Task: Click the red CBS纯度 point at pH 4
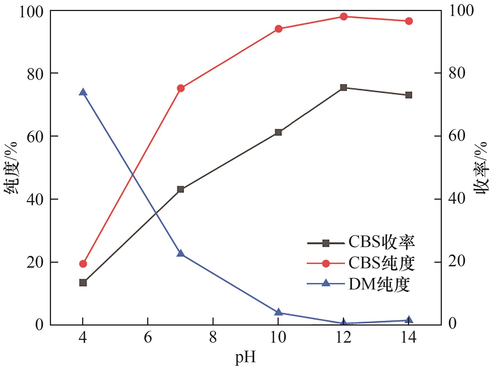coord(83,264)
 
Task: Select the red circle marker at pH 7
coord(181,88)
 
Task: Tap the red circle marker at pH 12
coord(343,17)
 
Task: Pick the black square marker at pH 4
coord(83,283)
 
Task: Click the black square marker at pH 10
coord(278,132)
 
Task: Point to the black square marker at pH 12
coord(343,88)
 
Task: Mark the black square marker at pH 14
coord(408,95)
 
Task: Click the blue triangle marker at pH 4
coord(83,92)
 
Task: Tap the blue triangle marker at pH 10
coord(278,312)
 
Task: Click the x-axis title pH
coord(245,358)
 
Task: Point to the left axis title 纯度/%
coord(12,168)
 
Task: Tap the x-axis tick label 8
coord(213,338)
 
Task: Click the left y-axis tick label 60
coord(35,136)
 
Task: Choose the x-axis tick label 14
coord(408,338)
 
